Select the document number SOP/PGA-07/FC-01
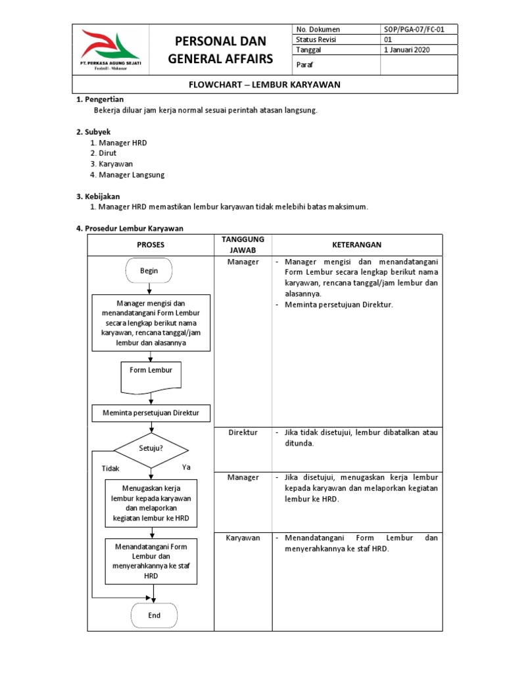click(410, 30)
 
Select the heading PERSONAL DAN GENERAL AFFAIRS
click(220, 50)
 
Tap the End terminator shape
click(154, 616)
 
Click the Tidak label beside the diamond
click(110, 469)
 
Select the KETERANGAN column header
click(357, 244)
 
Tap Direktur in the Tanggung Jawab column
click(243, 432)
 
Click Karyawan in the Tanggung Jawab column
click(243, 538)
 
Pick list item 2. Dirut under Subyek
click(103, 152)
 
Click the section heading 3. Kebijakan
click(98, 196)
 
